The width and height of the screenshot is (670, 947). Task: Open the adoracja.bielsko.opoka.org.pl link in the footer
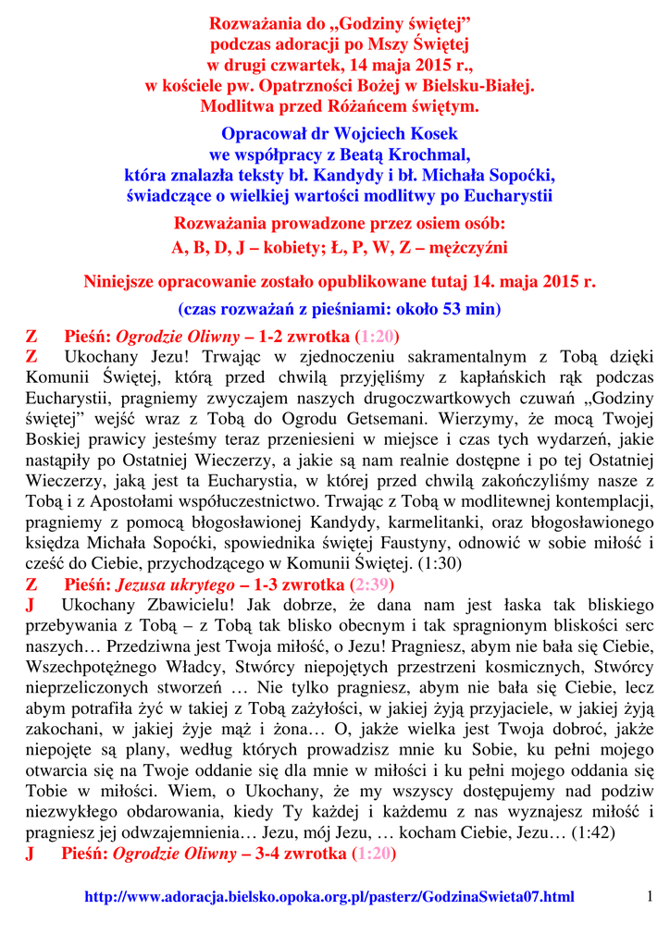pyautogui.click(x=329, y=897)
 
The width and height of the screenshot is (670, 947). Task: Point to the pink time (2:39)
pyautogui.click(x=375, y=584)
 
